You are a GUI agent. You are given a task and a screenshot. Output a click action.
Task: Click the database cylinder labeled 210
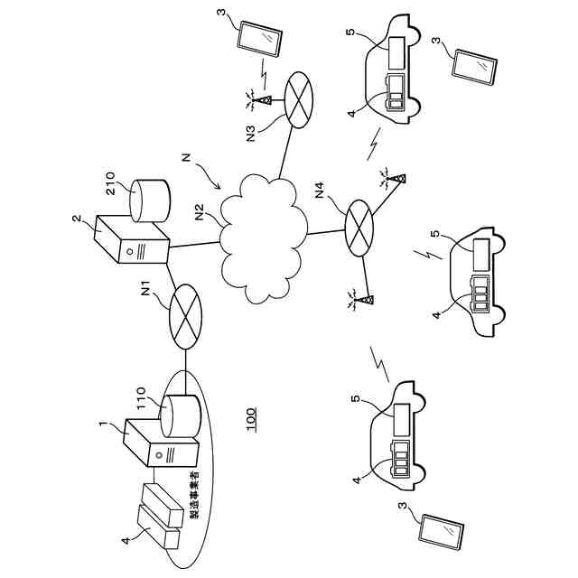(148, 200)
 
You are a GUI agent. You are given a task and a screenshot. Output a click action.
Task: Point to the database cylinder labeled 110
(177, 416)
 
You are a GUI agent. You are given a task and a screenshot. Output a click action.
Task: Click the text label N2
(200, 215)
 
